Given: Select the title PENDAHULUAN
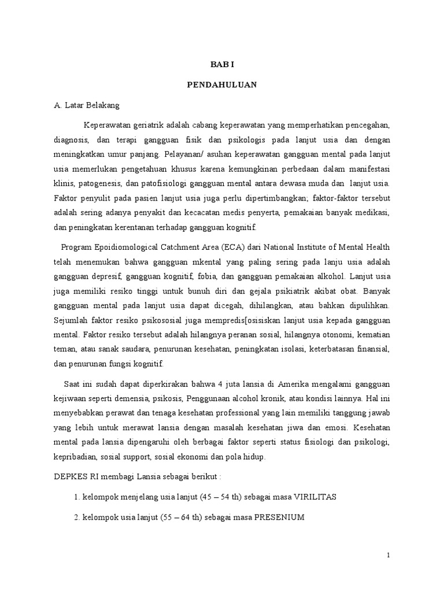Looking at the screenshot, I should (x=222, y=84).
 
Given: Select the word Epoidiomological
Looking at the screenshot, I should (x=123, y=247).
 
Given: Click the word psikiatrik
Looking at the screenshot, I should (x=285, y=291).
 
